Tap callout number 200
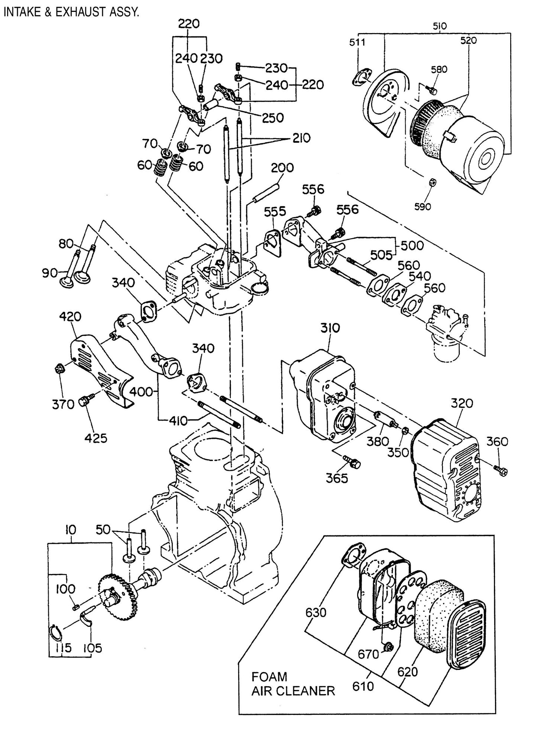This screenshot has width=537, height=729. (282, 168)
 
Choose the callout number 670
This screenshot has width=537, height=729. (368, 664)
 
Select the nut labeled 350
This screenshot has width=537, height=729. (406, 431)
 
